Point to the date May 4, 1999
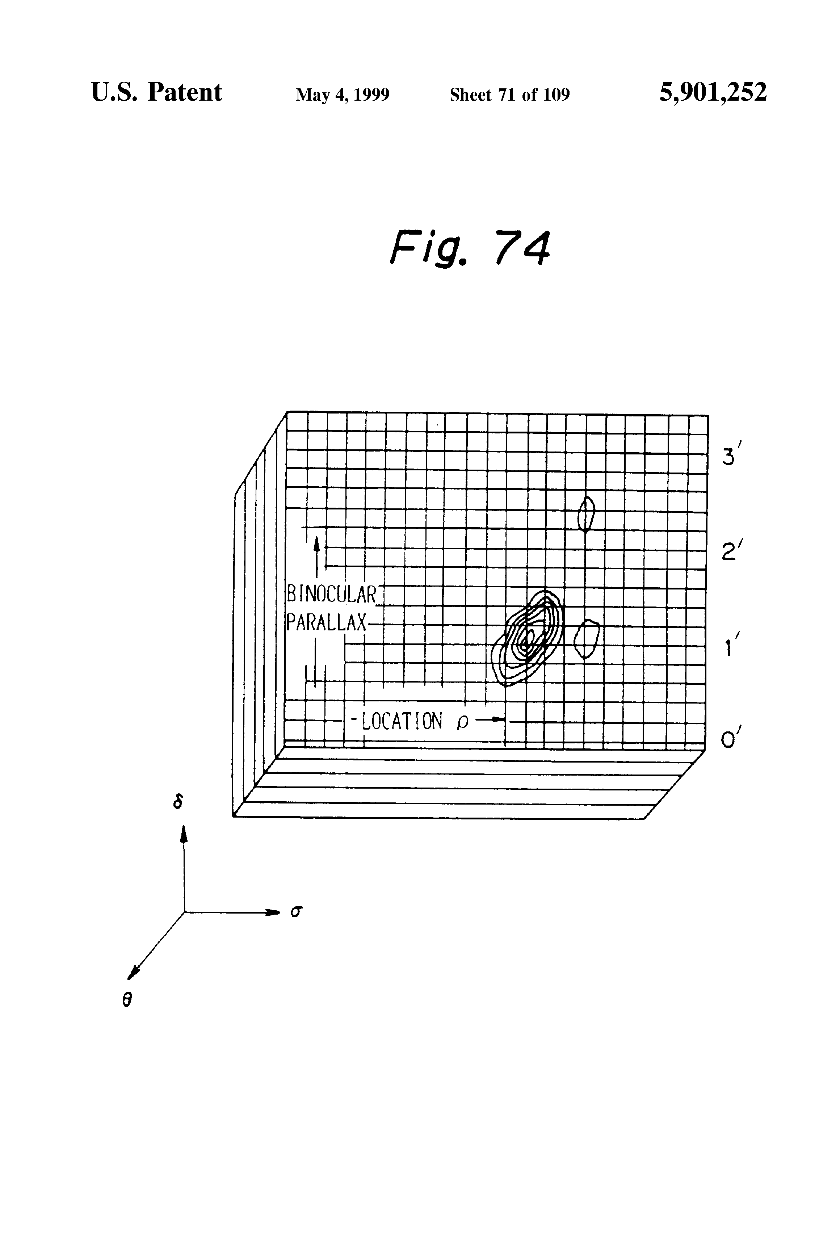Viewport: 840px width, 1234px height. (343, 95)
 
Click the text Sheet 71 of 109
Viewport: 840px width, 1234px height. (510, 95)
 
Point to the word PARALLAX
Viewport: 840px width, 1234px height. (326, 622)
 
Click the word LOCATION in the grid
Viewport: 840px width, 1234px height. (402, 721)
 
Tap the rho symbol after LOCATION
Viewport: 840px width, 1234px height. (462, 723)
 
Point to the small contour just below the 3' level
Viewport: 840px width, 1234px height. (586, 514)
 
